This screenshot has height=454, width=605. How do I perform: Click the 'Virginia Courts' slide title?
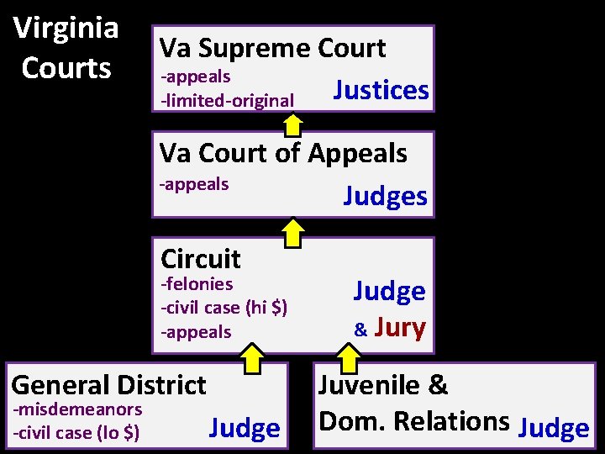tap(66, 47)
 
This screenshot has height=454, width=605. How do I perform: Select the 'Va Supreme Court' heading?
tap(272, 48)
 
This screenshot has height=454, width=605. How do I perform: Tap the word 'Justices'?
tap(381, 90)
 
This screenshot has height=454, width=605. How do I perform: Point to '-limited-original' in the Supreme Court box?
tap(227, 101)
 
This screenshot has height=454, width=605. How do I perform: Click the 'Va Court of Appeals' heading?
tap(283, 153)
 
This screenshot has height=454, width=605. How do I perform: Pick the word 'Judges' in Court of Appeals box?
tap(386, 196)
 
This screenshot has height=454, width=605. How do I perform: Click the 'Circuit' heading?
tap(200, 258)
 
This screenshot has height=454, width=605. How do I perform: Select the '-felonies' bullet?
tap(197, 284)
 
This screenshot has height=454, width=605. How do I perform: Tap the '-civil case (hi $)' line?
tap(224, 308)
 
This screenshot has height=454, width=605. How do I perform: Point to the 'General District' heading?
tap(108, 384)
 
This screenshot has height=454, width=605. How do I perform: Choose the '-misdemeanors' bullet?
tap(76, 409)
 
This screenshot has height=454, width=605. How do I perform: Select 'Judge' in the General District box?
tap(244, 428)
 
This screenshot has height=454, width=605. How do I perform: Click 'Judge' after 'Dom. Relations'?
tap(554, 428)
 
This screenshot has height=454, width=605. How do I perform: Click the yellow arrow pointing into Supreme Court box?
tap(292, 124)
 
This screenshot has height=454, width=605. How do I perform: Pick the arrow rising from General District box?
tap(250, 359)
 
